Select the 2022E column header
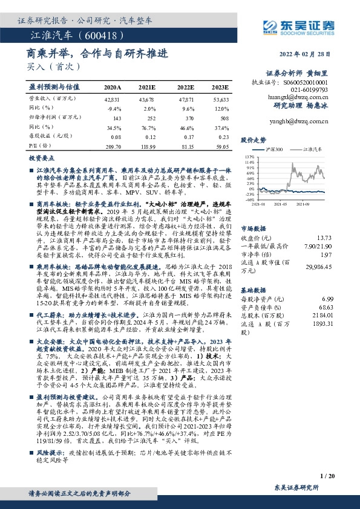[185, 87]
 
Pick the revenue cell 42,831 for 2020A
[113, 99]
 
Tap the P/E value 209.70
[113, 146]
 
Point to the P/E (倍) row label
[39, 146]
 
